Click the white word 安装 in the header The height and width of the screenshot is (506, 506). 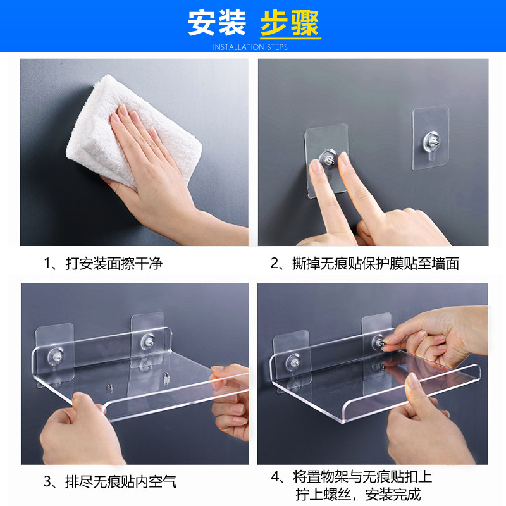(217, 23)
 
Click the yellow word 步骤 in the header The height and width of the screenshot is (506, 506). (290, 23)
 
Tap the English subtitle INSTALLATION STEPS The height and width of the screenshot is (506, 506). (250, 47)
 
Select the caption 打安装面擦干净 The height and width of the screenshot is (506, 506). (114, 263)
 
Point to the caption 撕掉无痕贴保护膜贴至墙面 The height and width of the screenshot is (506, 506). (376, 263)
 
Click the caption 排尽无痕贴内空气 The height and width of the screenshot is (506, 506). (121, 481)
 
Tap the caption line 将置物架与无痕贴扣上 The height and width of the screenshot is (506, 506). (362, 477)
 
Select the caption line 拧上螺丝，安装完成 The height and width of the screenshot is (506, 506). (358, 495)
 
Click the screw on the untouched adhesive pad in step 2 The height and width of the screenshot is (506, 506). (432, 140)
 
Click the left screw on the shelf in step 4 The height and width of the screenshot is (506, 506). (294, 362)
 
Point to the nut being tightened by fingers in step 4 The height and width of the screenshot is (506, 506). (380, 343)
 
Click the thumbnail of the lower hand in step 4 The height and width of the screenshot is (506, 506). (413, 381)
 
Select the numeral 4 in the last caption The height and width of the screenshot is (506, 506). (275, 477)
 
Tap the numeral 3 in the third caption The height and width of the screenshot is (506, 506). (48, 482)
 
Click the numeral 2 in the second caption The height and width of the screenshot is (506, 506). (275, 264)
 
